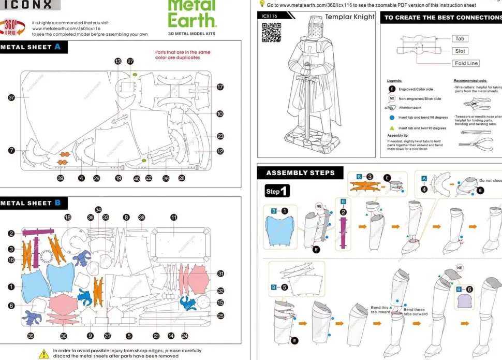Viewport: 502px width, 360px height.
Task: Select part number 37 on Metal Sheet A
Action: pos(11,98)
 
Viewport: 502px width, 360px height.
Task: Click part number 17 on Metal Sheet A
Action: pos(220,87)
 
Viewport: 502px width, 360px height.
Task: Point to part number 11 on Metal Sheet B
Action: pos(174,218)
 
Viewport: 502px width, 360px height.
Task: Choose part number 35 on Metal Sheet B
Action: pos(31,336)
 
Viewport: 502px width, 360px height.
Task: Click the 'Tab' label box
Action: pos(460,39)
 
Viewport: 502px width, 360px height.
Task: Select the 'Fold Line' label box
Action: pos(466,63)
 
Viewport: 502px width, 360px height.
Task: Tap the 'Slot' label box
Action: pos(460,51)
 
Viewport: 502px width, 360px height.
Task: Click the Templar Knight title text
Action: pos(349,17)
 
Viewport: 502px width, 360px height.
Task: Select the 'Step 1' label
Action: pos(277,191)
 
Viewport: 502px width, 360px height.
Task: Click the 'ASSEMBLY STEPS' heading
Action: pos(300,172)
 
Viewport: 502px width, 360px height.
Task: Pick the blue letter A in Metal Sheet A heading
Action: pos(57,47)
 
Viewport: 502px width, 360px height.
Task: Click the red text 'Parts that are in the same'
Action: pos(183,52)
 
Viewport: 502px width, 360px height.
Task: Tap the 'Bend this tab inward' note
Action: pos(380,310)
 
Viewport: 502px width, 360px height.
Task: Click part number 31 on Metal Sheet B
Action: pos(220,273)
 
